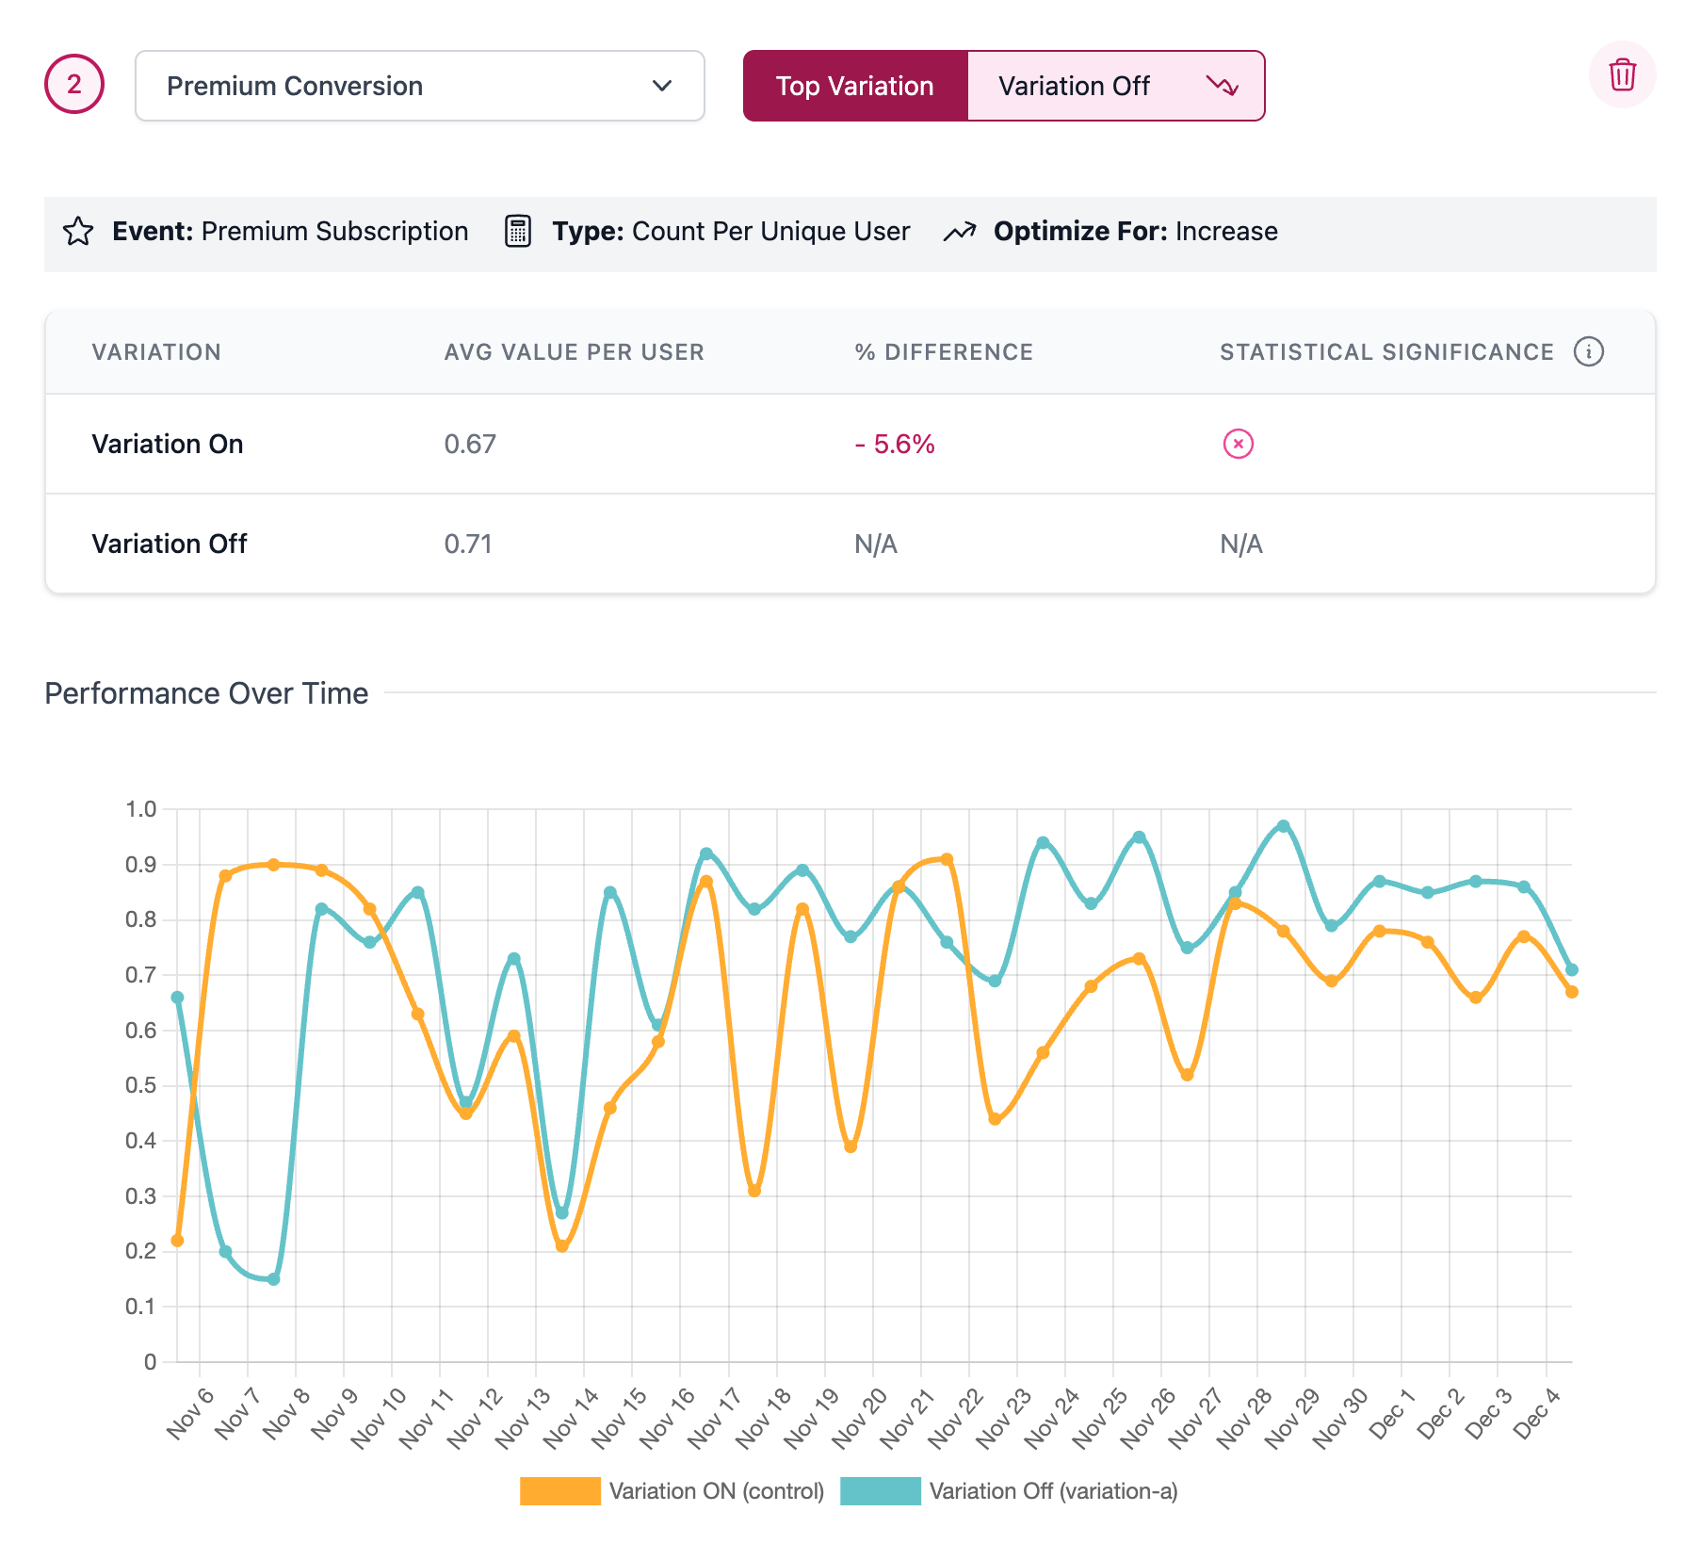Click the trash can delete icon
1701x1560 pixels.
pos(1621,74)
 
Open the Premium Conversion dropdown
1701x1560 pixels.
pos(419,86)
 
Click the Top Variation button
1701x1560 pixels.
pos(854,86)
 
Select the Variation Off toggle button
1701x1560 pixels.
pos(1115,86)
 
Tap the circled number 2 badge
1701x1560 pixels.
pos(74,84)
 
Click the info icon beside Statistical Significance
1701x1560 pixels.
pos(1588,351)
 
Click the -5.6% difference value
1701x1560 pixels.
pos(895,444)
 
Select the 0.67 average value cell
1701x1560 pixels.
pos(470,444)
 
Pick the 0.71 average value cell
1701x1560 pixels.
pos(468,544)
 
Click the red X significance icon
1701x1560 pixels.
pos(1238,444)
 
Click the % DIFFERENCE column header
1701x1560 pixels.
pos(944,352)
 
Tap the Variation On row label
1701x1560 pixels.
pos(168,444)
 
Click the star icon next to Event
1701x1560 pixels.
pos(78,231)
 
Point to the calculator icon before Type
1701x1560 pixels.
pos(518,231)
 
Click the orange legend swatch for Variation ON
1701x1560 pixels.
pos(559,1491)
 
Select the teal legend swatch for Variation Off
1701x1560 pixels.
pos(880,1491)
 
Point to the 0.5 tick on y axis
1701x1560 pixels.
pos(140,1085)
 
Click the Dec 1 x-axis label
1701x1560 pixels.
pos(1392,1414)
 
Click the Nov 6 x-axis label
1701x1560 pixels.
pos(191,1414)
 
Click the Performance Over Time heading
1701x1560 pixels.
pos(206,693)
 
